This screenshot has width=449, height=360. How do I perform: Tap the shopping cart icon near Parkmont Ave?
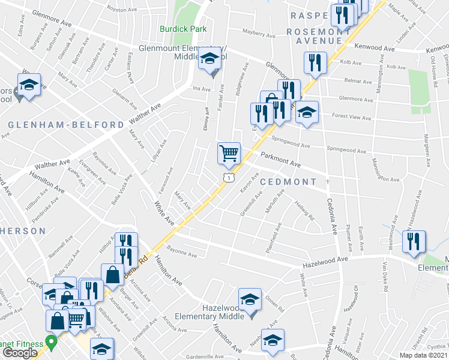pyautogui.click(x=229, y=153)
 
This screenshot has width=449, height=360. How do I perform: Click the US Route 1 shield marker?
pyautogui.click(x=228, y=178)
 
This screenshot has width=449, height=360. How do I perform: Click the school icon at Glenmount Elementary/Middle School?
pyautogui.click(x=209, y=59)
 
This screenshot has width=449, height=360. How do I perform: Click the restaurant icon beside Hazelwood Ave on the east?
pyautogui.click(x=414, y=241)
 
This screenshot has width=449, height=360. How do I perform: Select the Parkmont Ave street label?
pyautogui.click(x=280, y=160)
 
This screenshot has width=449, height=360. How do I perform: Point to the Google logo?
pyautogui.click(x=20, y=353)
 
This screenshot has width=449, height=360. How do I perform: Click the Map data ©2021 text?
pyautogui.click(x=424, y=355)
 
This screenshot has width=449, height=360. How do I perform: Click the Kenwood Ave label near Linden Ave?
pyautogui.click(x=375, y=47)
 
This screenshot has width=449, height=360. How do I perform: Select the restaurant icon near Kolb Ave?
pyautogui.click(x=315, y=63)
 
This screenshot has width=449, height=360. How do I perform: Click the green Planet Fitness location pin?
pyautogui.click(x=51, y=344)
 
